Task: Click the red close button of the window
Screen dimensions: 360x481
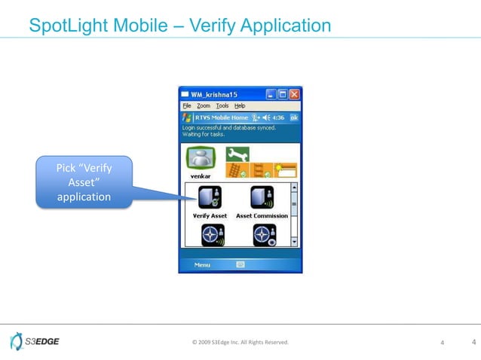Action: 294,95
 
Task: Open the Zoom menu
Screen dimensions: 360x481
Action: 204,106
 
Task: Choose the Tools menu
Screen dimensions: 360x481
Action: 222,106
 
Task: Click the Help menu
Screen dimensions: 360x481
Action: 240,106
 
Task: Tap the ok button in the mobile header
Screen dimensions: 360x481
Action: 294,117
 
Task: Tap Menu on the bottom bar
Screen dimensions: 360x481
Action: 202,264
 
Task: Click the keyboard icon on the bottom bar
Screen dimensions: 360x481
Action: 240,264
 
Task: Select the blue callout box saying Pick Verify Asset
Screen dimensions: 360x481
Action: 84,181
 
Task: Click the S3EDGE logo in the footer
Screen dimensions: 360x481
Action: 35,342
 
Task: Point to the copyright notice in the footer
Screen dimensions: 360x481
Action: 240,343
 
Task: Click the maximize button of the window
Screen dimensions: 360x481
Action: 282,95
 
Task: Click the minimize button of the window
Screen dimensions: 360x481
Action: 270,95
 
